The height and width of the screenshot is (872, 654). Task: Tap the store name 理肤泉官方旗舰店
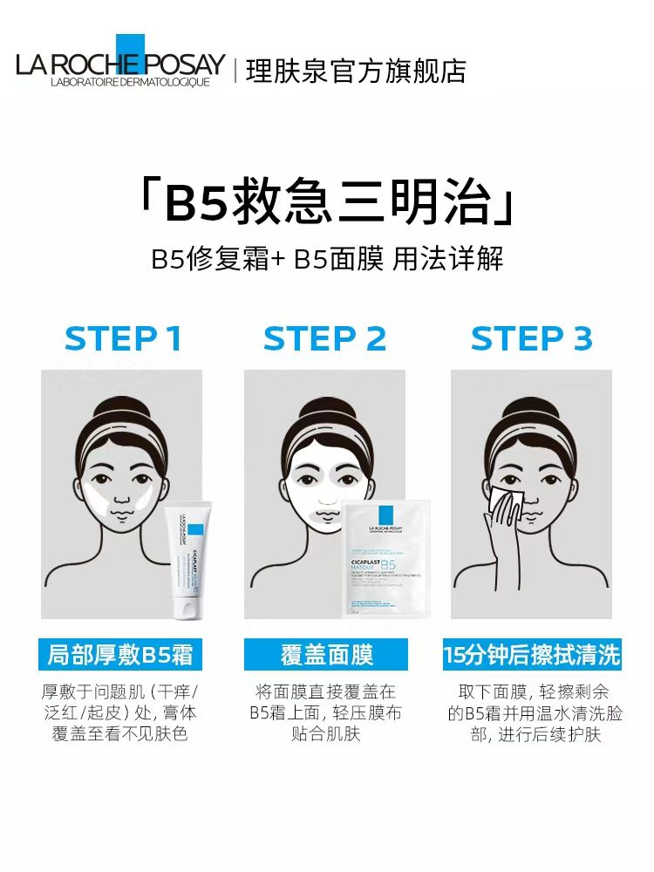(356, 71)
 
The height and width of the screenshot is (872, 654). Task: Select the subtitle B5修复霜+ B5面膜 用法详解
(327, 259)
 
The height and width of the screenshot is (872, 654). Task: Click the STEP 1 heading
(123, 338)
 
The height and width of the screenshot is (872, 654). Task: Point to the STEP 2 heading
(324, 338)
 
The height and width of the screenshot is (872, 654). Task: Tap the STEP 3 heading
(531, 338)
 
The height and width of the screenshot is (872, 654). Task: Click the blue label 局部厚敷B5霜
(121, 654)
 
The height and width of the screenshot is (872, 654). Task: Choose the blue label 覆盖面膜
(325, 654)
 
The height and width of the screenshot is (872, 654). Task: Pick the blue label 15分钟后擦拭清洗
(531, 654)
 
